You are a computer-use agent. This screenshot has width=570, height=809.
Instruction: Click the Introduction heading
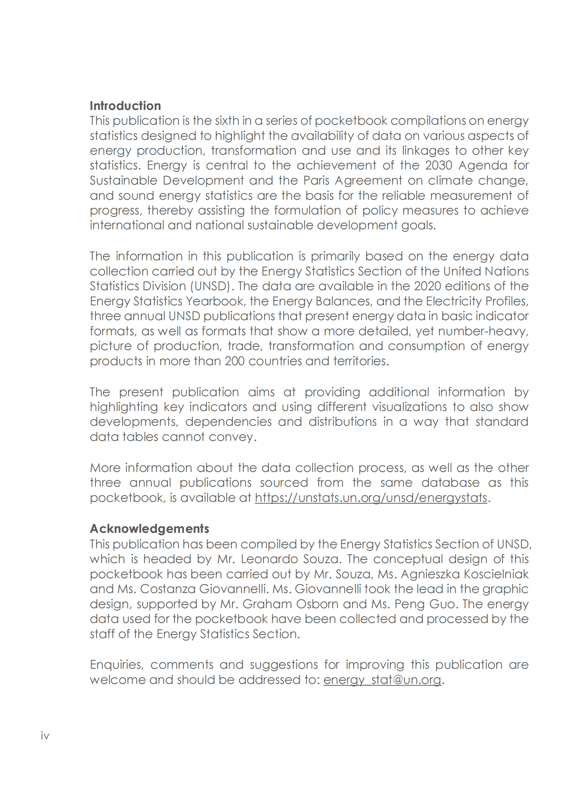click(x=125, y=106)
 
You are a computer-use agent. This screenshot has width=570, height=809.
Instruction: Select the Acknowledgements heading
click(x=149, y=529)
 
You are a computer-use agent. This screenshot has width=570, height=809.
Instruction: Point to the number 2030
click(x=438, y=165)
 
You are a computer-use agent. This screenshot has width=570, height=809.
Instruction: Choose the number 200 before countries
click(x=235, y=361)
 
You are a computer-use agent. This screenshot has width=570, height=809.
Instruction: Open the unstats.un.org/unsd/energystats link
click(x=371, y=498)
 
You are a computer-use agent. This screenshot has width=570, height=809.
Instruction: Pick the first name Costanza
click(x=168, y=589)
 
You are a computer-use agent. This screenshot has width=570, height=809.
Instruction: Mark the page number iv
click(x=45, y=735)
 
